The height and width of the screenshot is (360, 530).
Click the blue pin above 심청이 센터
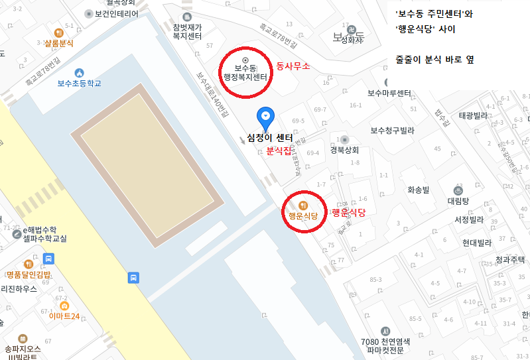coord(265,117)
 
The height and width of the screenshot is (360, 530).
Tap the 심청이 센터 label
coord(269,137)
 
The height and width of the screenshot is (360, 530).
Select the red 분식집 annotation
coord(279,151)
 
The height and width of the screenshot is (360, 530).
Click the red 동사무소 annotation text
coord(293,66)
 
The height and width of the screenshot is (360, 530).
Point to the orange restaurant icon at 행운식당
coord(303,205)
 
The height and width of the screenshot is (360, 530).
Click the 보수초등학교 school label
coord(79,84)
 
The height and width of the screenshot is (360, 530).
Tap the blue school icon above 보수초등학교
coord(80,72)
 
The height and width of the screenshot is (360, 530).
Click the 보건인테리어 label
coord(116,13)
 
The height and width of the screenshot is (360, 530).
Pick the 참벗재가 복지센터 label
coord(186,31)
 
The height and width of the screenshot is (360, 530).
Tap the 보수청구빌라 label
coord(392,131)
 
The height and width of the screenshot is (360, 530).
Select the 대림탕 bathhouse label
coord(458,200)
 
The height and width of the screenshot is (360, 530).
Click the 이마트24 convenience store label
coord(64,316)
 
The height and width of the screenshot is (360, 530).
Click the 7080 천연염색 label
coord(385,342)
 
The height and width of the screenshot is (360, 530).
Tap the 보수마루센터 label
coord(391,93)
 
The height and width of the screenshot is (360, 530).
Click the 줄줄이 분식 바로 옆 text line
coord(434,60)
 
